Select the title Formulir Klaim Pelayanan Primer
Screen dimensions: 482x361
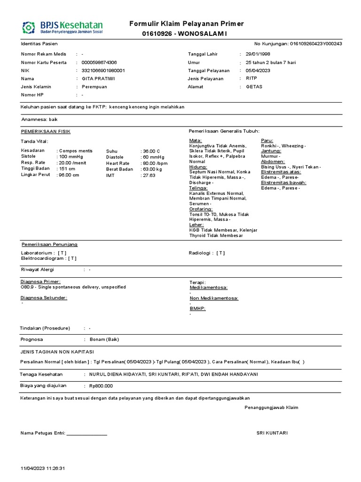[x=186, y=24]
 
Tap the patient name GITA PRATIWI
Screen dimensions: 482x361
[x=98, y=79]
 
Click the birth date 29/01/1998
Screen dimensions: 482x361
[x=259, y=54]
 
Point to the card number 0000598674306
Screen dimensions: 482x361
[x=99, y=63]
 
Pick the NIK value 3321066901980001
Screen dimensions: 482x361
[x=103, y=71]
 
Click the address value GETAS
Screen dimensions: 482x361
[x=254, y=87]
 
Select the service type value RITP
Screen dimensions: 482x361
[x=251, y=79]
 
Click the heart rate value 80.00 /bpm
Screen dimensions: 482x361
[x=155, y=163]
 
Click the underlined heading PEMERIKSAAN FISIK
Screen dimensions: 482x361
[x=46, y=131]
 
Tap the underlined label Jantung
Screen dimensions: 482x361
[x=271, y=151]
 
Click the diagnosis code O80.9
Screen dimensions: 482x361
[x=28, y=287]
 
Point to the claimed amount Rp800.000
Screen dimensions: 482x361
[x=101, y=386]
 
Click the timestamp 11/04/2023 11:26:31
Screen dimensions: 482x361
[x=42, y=469]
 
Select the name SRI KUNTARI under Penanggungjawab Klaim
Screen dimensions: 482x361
[x=272, y=433]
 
